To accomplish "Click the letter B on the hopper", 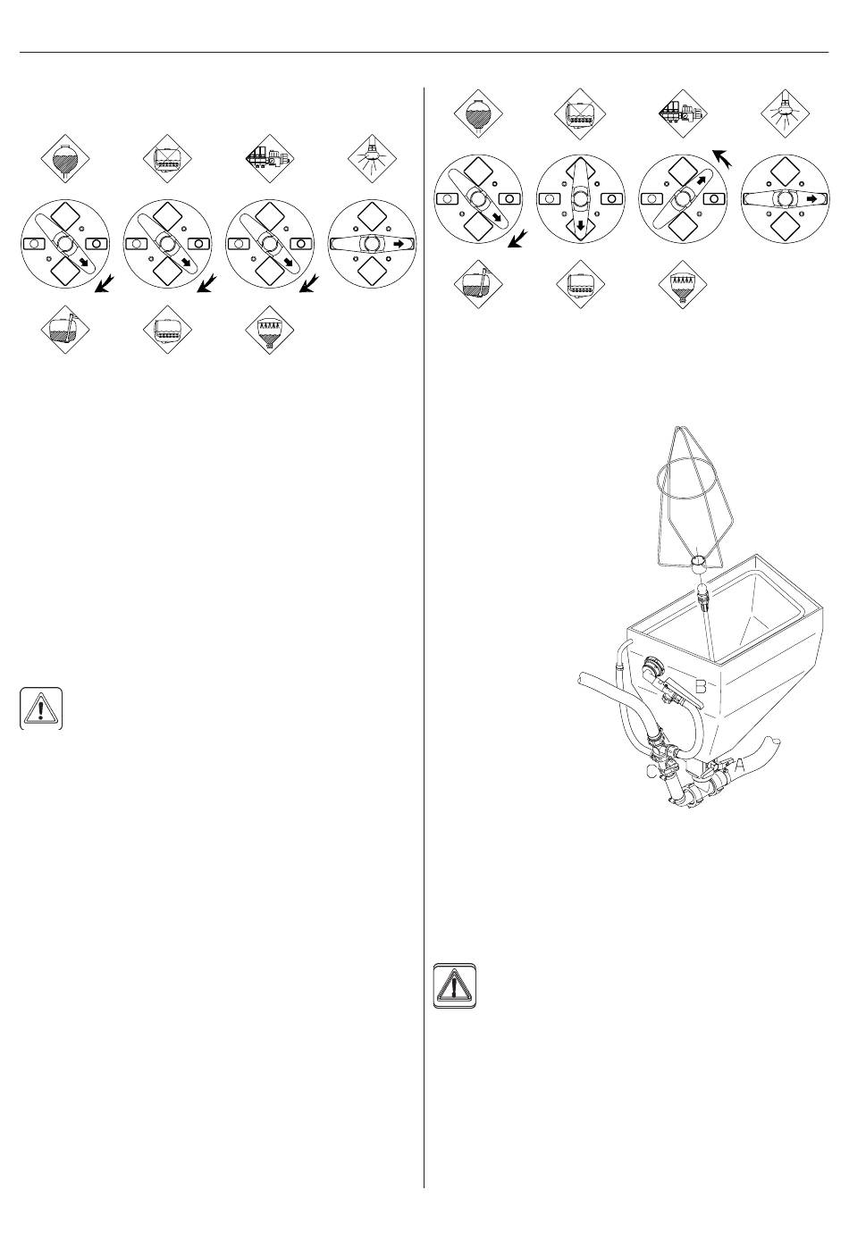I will point(702,686).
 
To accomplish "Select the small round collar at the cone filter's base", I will point(700,562).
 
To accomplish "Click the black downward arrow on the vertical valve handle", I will point(582,226).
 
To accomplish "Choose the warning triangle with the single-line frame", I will point(40,708).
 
